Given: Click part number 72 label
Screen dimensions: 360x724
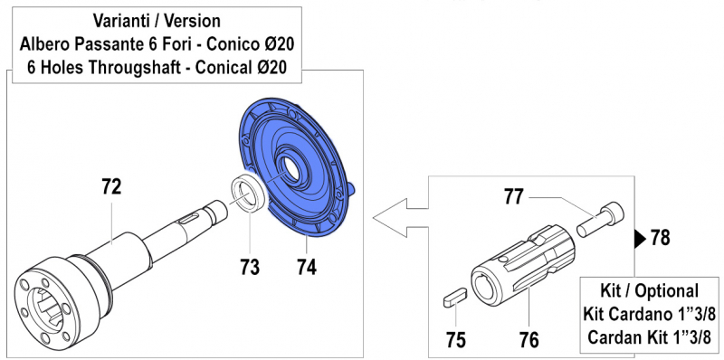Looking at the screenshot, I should [111, 187].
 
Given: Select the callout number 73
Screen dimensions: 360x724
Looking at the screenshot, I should [250, 267].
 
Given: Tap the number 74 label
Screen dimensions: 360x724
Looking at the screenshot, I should [307, 267].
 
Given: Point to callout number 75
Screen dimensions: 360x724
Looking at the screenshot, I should [457, 340].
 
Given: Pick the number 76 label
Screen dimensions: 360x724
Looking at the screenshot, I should [529, 340].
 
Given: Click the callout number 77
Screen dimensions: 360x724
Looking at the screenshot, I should [514, 195].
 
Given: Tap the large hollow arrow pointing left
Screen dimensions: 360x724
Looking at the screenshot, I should [398, 216].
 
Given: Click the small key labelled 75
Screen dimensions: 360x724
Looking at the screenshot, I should [454, 294].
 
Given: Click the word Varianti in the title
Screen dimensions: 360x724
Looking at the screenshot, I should [124, 20].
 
